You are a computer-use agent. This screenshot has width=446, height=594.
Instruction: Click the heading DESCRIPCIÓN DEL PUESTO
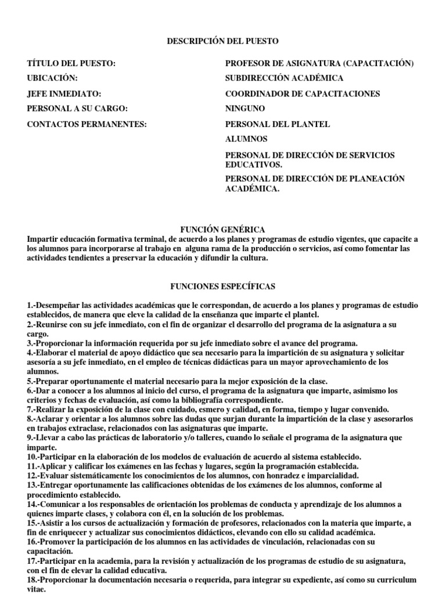click(223, 41)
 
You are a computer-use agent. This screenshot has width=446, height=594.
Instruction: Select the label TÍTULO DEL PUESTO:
click(71, 63)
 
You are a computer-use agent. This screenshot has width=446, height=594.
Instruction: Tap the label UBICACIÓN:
click(52, 78)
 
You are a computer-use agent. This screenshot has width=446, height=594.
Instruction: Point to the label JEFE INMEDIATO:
click(64, 93)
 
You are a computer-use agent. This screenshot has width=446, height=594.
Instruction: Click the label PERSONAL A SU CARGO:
click(77, 108)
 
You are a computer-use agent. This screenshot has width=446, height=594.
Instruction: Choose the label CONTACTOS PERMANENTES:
click(87, 124)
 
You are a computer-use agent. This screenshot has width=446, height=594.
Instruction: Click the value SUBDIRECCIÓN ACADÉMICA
click(284, 78)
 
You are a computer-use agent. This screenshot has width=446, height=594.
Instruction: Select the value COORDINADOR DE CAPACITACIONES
click(303, 93)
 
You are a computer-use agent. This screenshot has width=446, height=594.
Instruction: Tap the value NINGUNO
click(245, 108)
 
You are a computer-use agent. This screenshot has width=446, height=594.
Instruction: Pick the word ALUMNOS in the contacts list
click(246, 139)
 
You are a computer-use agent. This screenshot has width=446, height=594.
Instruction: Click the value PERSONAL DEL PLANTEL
click(278, 124)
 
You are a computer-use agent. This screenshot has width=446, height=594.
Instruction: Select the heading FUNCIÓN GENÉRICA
click(223, 230)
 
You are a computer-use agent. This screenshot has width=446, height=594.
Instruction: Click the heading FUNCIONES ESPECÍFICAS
click(223, 287)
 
